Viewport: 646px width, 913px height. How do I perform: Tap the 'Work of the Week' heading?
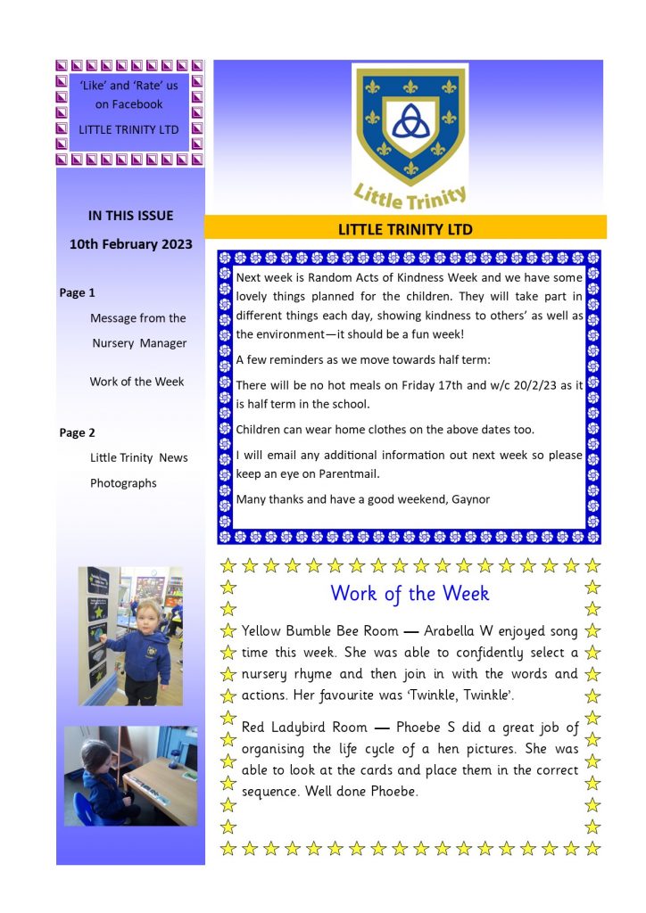(x=410, y=593)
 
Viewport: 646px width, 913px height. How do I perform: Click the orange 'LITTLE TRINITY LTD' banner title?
(x=405, y=229)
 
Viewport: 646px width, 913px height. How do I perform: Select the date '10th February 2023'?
(x=131, y=244)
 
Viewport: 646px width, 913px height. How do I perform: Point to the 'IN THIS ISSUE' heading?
(x=130, y=215)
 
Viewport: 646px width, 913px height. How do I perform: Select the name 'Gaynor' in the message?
(x=471, y=499)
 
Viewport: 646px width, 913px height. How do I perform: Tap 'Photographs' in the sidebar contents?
(x=123, y=483)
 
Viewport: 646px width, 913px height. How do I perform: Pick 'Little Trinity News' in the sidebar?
(x=138, y=457)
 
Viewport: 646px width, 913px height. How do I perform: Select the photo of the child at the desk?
(x=131, y=776)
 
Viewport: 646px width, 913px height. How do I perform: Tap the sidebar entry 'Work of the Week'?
(x=137, y=382)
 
